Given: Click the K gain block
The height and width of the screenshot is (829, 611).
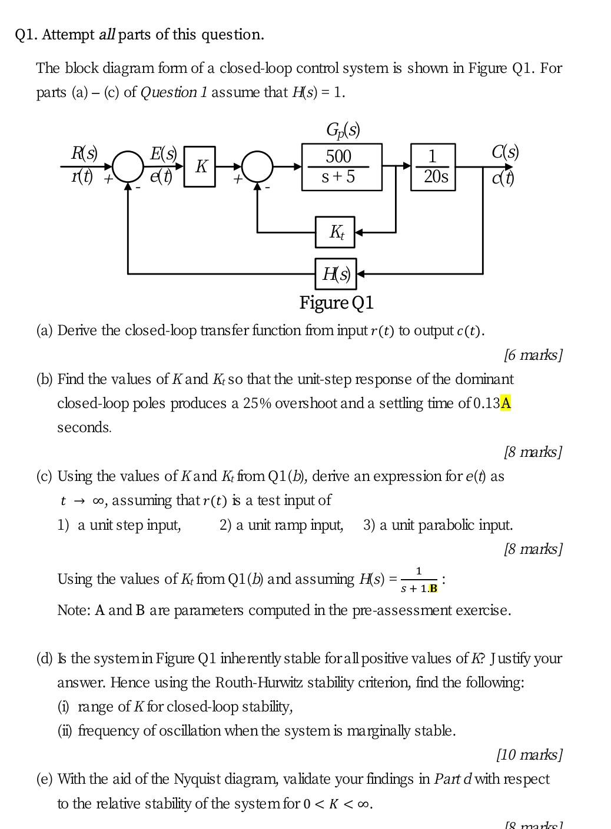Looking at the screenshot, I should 200,167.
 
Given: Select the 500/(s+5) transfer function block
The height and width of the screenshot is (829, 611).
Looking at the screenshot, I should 341,167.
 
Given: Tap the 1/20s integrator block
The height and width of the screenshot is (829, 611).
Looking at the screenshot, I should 433,167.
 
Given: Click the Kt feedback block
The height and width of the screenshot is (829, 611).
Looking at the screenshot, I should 335,232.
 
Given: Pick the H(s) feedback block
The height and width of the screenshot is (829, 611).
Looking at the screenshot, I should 336,273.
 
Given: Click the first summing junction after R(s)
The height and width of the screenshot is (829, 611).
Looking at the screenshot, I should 128,167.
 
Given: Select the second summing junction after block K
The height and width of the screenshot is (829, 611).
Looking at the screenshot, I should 257,167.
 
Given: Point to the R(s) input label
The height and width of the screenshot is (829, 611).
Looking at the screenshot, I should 84,153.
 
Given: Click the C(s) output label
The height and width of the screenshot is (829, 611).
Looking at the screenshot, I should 505,152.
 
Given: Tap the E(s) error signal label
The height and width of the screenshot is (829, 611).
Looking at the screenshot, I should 163,153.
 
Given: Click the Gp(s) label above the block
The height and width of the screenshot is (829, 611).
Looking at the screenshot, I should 343,130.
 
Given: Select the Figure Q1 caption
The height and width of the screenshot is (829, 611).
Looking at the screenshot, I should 336,303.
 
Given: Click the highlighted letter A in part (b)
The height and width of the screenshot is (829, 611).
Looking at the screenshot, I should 506,403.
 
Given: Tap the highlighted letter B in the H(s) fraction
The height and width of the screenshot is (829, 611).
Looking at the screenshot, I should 433,589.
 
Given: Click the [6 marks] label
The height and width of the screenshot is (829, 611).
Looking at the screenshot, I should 533,355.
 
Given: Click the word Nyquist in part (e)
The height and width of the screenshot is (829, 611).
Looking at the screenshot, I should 198,779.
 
